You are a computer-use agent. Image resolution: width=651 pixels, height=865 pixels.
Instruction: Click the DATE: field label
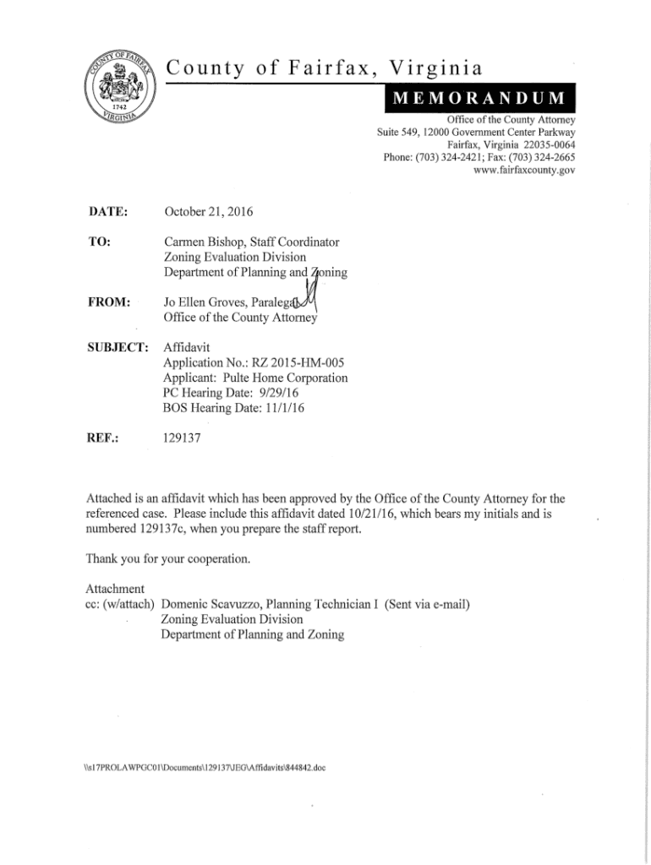click(x=106, y=210)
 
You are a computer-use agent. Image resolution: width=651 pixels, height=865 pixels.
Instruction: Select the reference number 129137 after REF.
click(x=180, y=438)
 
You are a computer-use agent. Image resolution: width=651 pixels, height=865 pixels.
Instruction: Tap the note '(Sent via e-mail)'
click(x=428, y=604)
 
